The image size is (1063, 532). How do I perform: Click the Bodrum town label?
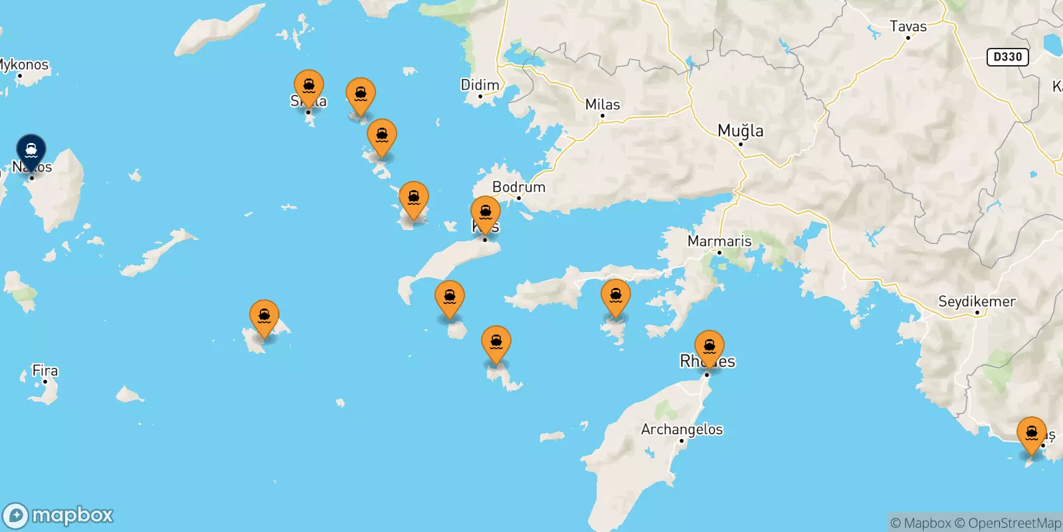click(518, 187)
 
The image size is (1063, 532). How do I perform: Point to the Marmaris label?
click(720, 241)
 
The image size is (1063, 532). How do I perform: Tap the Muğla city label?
click(740, 131)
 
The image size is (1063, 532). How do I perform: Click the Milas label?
click(603, 104)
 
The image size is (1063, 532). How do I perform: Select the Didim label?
click(480, 85)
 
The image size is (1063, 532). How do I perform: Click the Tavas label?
click(908, 27)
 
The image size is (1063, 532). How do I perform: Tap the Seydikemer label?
click(977, 301)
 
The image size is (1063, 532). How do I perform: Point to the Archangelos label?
click(682, 430)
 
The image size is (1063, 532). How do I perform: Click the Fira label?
click(45, 370)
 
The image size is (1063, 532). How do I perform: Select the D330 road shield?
click(1007, 57)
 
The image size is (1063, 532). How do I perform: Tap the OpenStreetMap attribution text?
click(1007, 523)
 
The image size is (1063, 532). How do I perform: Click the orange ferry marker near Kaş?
click(1031, 433)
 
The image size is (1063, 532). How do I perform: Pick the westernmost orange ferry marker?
click(264, 317)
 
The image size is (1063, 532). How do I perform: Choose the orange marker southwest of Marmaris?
click(615, 297)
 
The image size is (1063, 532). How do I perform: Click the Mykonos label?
click(24, 65)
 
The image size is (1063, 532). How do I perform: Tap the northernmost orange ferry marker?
click(308, 87)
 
